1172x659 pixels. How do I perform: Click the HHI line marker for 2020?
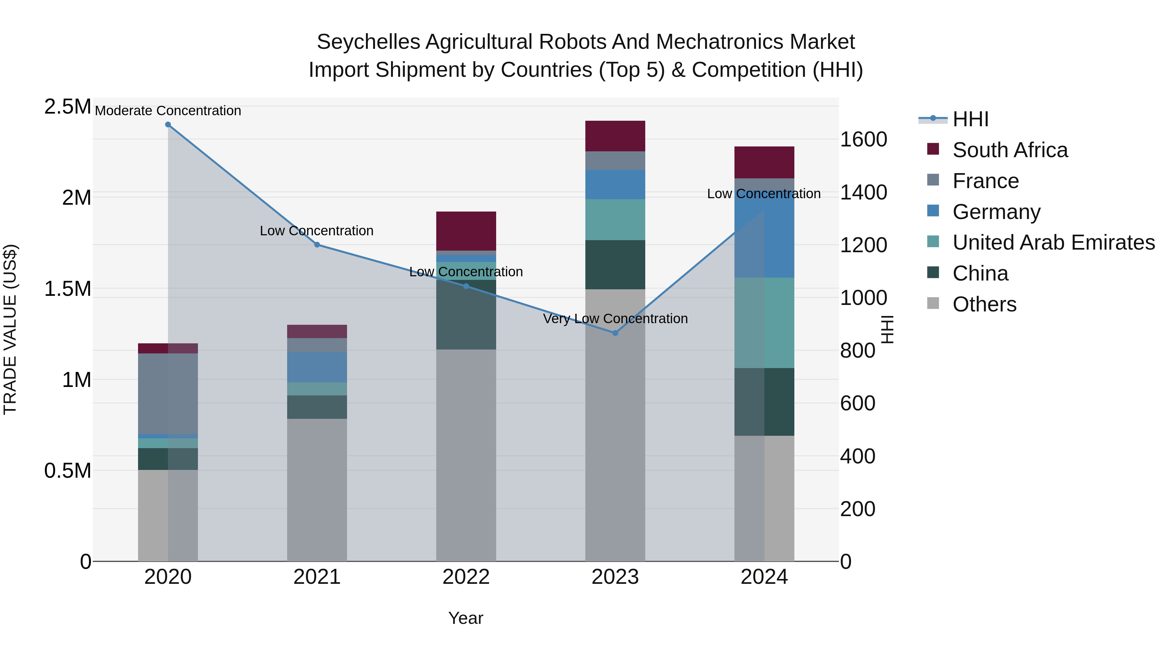tap(168, 125)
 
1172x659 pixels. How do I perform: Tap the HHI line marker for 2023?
tap(615, 333)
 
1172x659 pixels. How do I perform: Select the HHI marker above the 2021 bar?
tap(317, 245)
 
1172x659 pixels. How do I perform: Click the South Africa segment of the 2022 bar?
tap(466, 231)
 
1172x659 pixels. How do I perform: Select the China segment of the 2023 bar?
tap(615, 265)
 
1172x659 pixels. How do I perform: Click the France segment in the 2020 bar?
tap(168, 393)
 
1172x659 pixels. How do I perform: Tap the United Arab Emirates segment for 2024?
tap(764, 323)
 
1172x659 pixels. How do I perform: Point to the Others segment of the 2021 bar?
tap(317, 489)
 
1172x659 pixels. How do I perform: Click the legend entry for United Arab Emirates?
tap(1053, 242)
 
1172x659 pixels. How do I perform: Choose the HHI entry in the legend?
tap(970, 119)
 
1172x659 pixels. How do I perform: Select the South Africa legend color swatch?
tap(933, 149)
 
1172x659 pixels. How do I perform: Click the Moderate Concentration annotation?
tap(168, 111)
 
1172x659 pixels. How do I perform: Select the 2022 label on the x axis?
tap(466, 577)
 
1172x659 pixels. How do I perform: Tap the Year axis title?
tap(466, 618)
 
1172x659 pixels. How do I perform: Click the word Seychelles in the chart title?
tap(368, 42)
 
